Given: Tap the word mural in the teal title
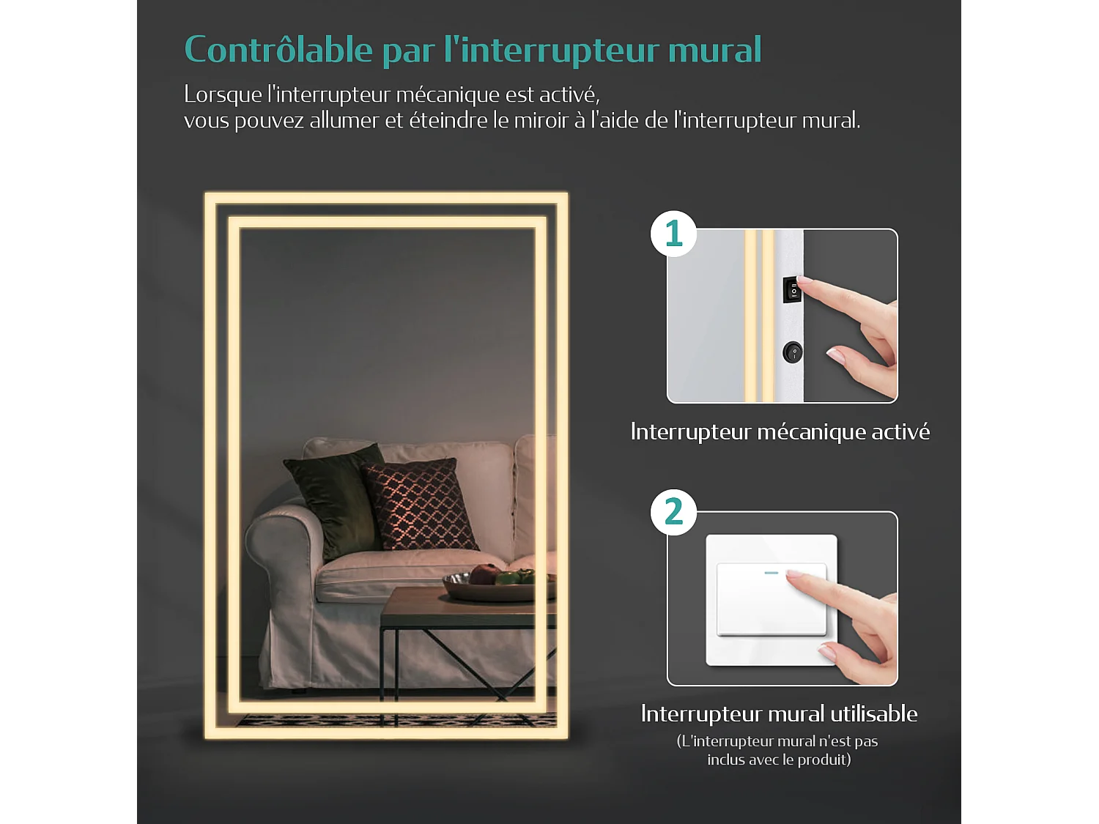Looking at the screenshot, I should click(x=714, y=50).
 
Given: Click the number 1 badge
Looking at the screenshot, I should click(x=673, y=234).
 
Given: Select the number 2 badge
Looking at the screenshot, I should click(x=673, y=512).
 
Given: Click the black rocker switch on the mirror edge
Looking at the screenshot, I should click(x=792, y=290).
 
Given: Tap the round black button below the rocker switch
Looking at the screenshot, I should click(x=793, y=352).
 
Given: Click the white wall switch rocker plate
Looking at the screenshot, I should click(x=771, y=599).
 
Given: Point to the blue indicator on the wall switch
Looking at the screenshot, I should click(x=771, y=572).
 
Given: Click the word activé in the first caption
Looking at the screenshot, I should click(x=900, y=431).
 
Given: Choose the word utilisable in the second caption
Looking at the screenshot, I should click(x=873, y=713).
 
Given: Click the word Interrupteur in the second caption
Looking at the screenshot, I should click(x=692, y=713).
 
